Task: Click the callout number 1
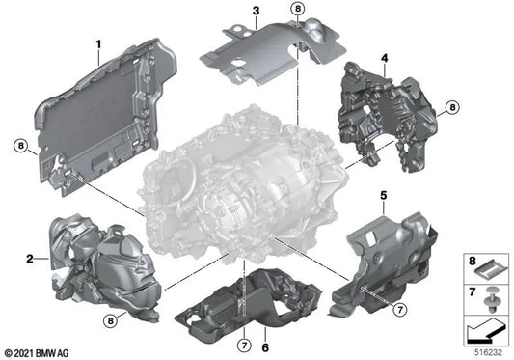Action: [x=97, y=44]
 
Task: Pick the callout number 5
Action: [x=383, y=198]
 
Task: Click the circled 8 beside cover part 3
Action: [x=297, y=9]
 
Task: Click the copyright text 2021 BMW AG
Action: [x=39, y=352]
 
